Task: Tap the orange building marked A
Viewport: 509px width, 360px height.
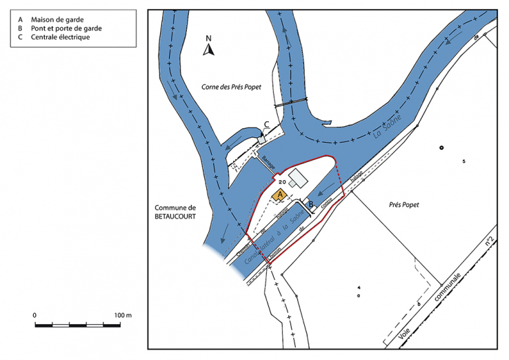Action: (x=280, y=195)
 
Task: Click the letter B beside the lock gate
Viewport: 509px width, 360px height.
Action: (x=311, y=204)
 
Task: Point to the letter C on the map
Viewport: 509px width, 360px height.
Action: (x=266, y=125)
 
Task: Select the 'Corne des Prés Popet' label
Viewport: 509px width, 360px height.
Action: (x=232, y=88)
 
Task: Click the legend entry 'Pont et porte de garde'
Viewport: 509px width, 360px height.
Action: (x=66, y=28)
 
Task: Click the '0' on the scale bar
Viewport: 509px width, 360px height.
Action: (x=34, y=314)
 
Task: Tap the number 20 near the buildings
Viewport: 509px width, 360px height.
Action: (x=282, y=182)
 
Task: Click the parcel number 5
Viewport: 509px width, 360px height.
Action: (x=464, y=161)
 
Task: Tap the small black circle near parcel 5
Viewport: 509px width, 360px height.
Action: (x=442, y=148)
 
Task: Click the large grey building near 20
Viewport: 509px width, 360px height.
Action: (x=298, y=178)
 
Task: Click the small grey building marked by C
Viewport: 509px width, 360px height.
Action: (x=261, y=138)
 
